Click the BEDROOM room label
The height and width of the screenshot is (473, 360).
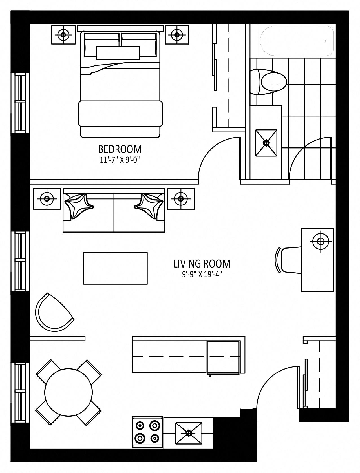click(120, 149)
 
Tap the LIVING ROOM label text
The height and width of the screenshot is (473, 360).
click(202, 264)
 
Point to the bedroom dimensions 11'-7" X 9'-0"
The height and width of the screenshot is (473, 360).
click(120, 160)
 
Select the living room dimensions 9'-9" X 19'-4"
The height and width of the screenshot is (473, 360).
click(202, 274)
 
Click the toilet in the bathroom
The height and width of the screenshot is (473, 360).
click(268, 82)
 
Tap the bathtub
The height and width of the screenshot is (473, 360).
click(297, 41)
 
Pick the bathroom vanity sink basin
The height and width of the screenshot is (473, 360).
click(266, 143)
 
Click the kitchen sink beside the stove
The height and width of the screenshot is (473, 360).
click(189, 433)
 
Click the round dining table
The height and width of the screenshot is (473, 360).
click(69, 392)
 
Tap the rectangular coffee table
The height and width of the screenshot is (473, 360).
click(116, 268)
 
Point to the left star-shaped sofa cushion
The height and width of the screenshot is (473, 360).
click(79, 206)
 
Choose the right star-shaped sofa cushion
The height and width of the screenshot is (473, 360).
click(149, 206)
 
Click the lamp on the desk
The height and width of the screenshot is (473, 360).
click(321, 241)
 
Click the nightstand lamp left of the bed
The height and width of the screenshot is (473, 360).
click(63, 35)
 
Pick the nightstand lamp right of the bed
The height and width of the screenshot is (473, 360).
click(177, 35)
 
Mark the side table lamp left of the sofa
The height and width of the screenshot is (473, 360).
click(47, 199)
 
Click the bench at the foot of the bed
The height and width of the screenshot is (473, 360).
click(120, 114)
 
